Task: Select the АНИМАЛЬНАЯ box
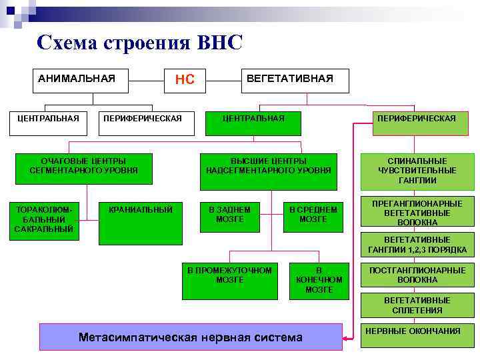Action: (x=77, y=79)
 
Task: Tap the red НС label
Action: (x=185, y=80)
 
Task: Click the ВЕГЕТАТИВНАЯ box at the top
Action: (x=290, y=79)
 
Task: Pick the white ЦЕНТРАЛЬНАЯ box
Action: (x=48, y=119)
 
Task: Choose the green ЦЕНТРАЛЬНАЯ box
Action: (x=253, y=119)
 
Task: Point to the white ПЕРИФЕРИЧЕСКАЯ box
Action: (x=142, y=119)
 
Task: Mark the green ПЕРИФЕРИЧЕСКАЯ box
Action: (x=417, y=119)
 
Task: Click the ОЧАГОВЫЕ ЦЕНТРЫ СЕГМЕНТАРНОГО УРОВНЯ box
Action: (x=84, y=166)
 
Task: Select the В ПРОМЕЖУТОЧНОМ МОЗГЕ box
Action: (x=229, y=279)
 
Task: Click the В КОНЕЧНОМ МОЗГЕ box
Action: (x=319, y=279)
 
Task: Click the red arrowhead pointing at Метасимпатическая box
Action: (x=346, y=337)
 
